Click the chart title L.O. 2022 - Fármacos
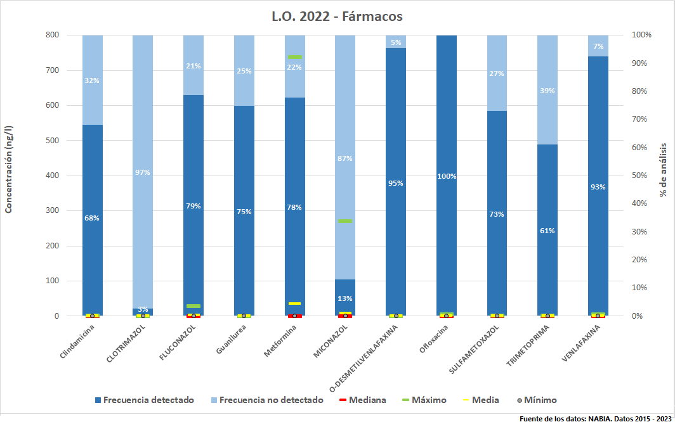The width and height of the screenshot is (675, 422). (x=337, y=16)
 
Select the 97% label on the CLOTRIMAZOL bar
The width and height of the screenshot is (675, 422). (x=143, y=172)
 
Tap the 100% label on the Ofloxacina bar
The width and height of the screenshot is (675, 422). (x=447, y=176)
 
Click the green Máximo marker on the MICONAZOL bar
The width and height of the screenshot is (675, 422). (x=345, y=221)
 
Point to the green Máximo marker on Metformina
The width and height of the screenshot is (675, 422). (x=294, y=57)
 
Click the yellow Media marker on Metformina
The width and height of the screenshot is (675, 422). (x=294, y=304)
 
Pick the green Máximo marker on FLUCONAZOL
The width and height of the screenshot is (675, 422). (x=193, y=306)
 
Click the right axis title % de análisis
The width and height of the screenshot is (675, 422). (x=664, y=169)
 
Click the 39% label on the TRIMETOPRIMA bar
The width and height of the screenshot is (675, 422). (x=547, y=91)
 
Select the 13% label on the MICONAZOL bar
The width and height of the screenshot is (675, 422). (x=345, y=298)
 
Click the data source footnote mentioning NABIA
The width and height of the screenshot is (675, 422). (x=595, y=418)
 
